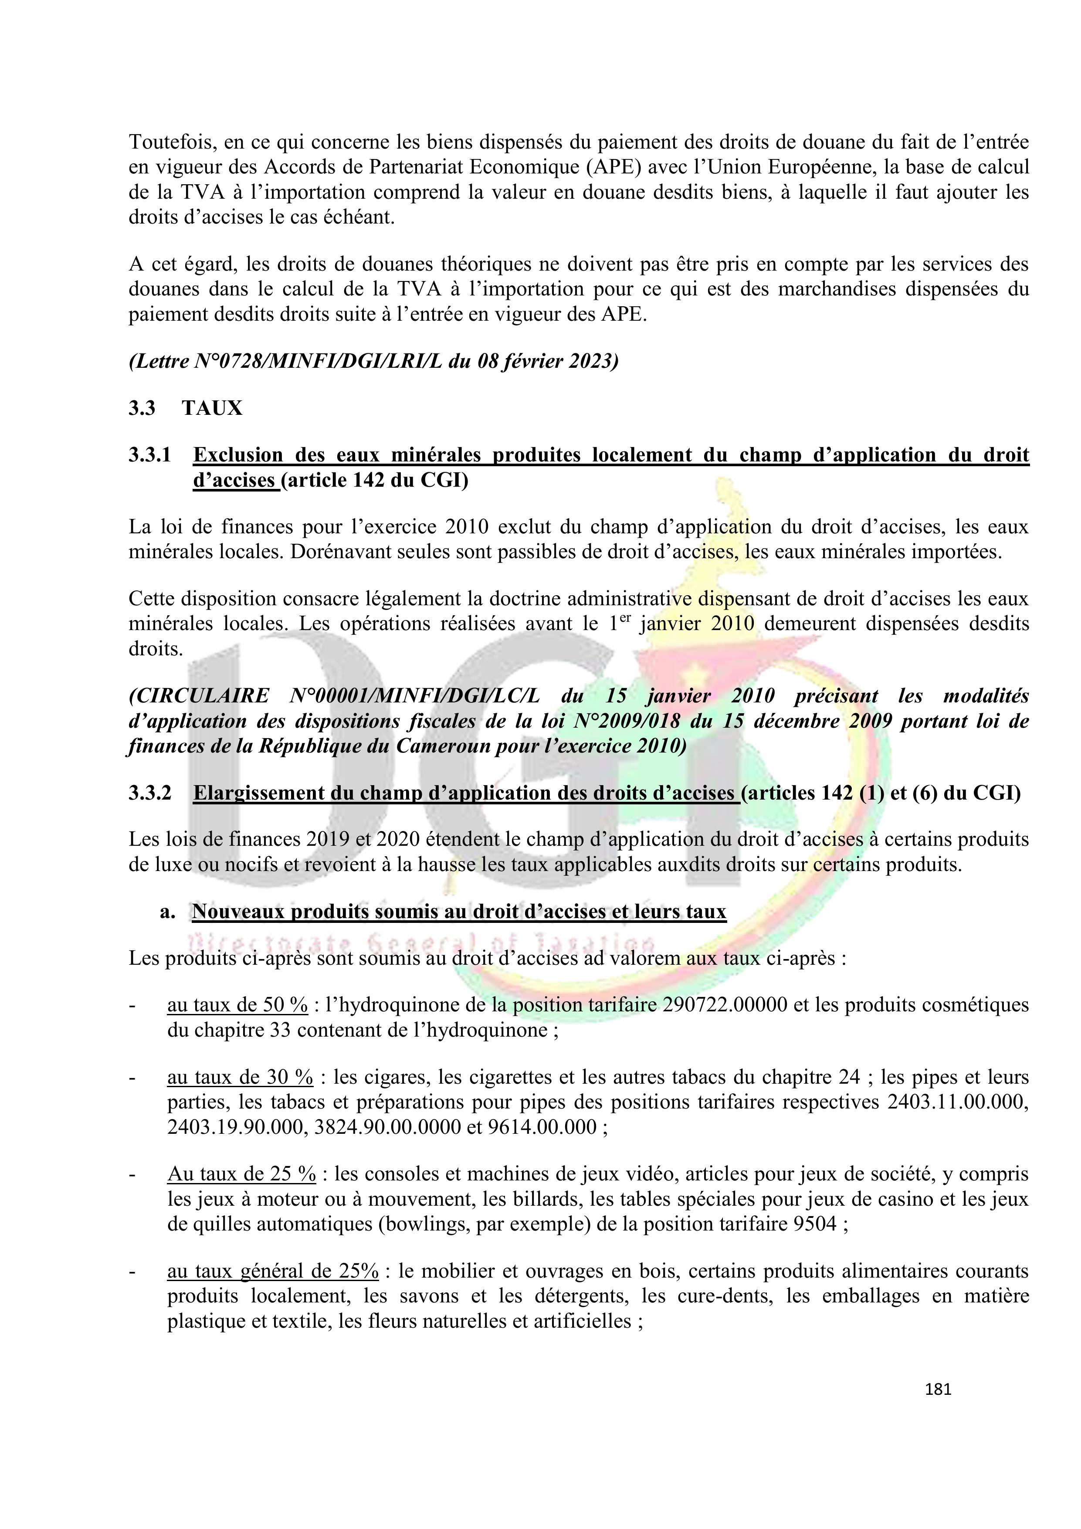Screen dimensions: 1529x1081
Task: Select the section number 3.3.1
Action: point(150,455)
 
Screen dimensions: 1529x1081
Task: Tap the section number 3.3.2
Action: point(150,793)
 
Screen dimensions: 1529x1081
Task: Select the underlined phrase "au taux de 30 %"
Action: point(240,1077)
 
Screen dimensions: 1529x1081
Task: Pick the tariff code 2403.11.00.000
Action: point(958,1102)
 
